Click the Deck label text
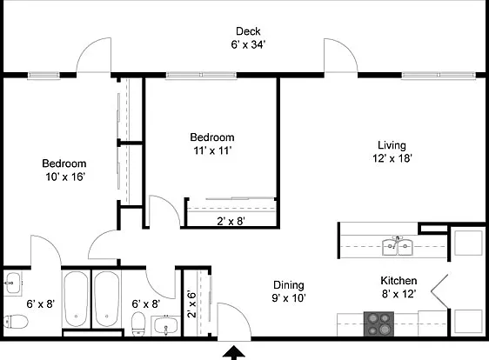click(248, 31)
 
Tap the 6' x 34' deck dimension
click(248, 44)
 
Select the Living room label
click(392, 145)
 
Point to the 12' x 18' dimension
click(392, 158)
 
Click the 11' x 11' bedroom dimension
click(212, 150)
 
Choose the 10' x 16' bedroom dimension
click(65, 177)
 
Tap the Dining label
click(289, 285)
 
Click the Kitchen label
click(399, 281)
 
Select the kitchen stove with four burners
click(378, 323)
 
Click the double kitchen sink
click(398, 245)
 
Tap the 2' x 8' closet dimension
click(231, 221)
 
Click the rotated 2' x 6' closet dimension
click(191, 303)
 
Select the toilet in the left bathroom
click(16, 322)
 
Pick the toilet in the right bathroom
click(138, 324)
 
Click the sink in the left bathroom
click(13, 283)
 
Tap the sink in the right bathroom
click(166, 325)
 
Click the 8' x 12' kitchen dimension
click(399, 294)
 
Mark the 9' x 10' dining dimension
click(289, 298)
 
